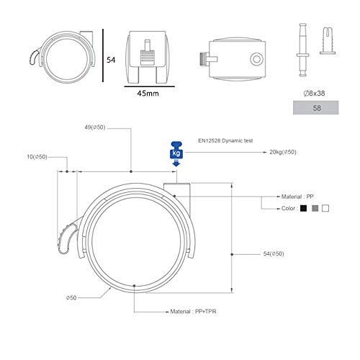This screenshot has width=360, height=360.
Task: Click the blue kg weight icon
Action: coord(176,153)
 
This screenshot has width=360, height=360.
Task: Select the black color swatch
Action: coord(303,208)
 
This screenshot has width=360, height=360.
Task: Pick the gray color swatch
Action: coord(315,208)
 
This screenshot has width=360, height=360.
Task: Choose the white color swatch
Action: coord(325,208)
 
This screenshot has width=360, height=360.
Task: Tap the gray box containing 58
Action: coord(316,107)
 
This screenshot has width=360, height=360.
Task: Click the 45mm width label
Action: coord(148,93)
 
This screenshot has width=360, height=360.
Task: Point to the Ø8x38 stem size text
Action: coord(314,93)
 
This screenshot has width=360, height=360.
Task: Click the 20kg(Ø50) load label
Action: coord(283,152)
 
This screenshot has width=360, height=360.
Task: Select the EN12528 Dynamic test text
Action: coord(225,140)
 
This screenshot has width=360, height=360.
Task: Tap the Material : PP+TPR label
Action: coord(193,312)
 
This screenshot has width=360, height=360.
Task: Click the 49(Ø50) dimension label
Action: coord(95,127)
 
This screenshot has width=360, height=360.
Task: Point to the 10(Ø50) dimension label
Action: coord(37,157)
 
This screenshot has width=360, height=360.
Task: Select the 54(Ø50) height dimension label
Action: coord(274,253)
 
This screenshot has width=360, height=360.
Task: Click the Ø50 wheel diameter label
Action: coord(71,298)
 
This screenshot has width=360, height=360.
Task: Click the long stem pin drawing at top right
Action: coord(302,50)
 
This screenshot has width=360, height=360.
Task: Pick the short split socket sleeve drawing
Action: coord(328,41)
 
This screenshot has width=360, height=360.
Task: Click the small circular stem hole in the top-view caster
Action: coord(256,59)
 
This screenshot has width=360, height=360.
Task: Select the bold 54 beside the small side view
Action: coord(111,60)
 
